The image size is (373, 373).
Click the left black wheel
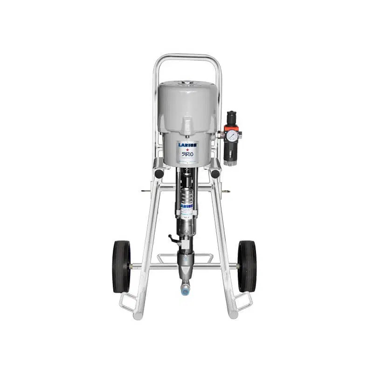122,266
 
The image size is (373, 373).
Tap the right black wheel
247,266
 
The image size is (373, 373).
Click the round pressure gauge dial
231,136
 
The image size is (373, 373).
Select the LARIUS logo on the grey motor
187,145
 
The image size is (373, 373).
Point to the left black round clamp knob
159,173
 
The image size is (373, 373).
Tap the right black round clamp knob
215,173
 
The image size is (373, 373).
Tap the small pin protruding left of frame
145,190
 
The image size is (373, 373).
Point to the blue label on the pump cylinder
187,205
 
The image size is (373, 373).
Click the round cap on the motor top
187,84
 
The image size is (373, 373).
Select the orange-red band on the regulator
231,127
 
